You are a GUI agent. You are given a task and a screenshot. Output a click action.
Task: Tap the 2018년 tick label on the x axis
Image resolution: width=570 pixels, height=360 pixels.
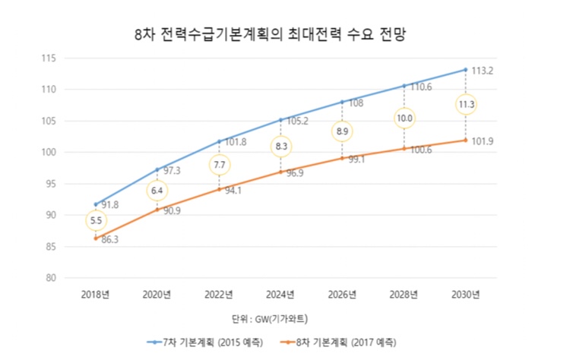coord(95,294)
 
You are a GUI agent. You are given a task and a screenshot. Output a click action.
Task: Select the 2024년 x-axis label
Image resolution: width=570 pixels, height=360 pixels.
coord(280,294)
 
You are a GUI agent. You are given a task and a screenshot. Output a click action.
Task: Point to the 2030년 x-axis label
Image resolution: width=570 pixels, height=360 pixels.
coord(465,294)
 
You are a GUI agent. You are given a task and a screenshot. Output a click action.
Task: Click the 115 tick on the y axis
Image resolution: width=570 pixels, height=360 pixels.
coord(49,58)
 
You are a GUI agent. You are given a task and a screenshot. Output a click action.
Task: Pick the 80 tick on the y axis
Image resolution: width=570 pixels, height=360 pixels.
coord(52,278)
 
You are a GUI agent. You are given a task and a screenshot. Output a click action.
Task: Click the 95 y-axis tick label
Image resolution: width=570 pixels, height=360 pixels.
coord(52,184)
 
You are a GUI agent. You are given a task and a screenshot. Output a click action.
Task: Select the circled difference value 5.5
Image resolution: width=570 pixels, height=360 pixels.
coord(96,221)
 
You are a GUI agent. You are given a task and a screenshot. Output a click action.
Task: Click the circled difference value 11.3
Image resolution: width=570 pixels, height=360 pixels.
coord(466,104)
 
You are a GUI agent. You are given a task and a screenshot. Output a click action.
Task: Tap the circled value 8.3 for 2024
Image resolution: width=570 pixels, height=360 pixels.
coord(280,145)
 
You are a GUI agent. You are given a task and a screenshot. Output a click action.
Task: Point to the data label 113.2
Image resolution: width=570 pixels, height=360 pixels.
coord(483,71)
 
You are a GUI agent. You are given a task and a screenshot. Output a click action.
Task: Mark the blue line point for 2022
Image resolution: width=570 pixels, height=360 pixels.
coord(219,141)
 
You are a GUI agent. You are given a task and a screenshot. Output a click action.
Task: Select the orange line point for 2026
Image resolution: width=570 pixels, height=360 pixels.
coord(342,158)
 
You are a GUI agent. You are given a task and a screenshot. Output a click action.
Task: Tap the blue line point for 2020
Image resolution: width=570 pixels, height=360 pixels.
coord(157,169)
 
